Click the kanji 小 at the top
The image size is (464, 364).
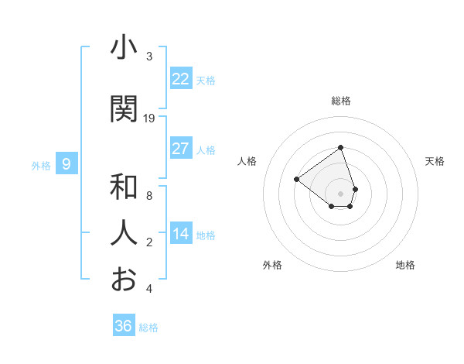[x=124, y=49]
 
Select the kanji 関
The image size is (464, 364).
[x=124, y=109]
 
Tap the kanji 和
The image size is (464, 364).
[x=124, y=188]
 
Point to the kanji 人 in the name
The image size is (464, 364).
[x=124, y=233]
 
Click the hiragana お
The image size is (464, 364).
[x=124, y=279]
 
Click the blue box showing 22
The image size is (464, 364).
[x=180, y=78]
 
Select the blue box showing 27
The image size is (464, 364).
[x=180, y=149]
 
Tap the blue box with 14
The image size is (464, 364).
[x=180, y=234]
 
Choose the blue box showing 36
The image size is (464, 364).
[x=123, y=326]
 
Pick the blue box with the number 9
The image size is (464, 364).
[x=67, y=163]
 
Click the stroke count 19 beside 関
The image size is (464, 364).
[x=149, y=118]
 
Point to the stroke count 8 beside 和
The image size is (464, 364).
[x=149, y=196]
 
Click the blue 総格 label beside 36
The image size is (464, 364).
[x=148, y=328]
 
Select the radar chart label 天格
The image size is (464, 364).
[x=435, y=161]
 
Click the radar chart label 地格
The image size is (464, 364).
[x=405, y=265]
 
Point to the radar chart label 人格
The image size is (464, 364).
[x=247, y=161]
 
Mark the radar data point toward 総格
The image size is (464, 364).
[x=340, y=147]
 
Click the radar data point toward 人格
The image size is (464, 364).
[x=296, y=180]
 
